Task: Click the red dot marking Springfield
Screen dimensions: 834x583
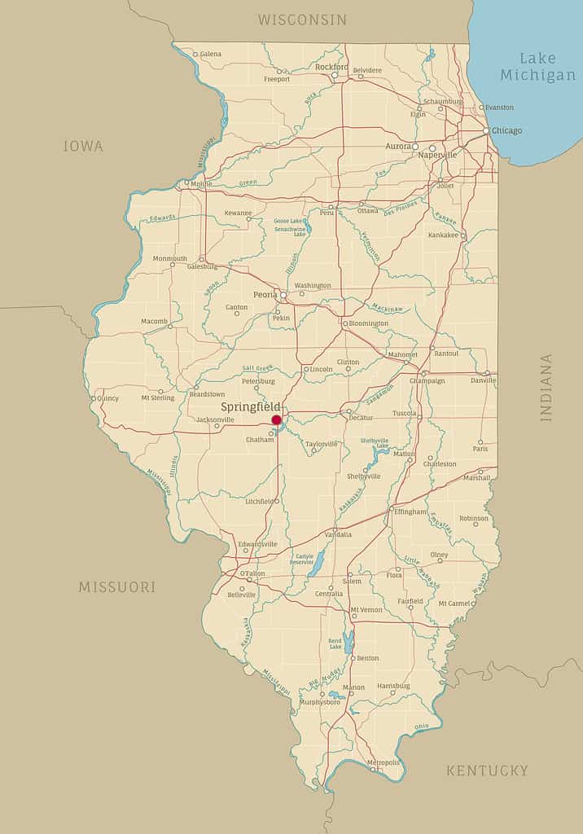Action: [x=276, y=420]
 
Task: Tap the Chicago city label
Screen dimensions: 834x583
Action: [x=506, y=130]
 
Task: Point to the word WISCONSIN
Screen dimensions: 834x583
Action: [x=302, y=20]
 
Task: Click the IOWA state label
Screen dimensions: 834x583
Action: [x=83, y=147]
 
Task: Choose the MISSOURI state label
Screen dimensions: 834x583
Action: [x=117, y=586]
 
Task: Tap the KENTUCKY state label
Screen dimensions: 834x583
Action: [x=487, y=770]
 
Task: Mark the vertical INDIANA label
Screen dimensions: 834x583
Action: [x=546, y=387]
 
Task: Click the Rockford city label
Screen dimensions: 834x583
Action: [x=331, y=67]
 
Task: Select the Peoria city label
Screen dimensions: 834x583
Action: [x=265, y=294]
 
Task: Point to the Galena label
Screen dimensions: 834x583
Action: [x=210, y=54]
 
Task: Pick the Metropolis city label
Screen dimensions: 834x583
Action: [x=384, y=762]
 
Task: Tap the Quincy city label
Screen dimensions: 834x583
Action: [x=107, y=398]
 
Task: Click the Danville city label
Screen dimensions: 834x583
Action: [x=483, y=380]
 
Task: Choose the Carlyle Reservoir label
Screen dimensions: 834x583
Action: [x=301, y=560]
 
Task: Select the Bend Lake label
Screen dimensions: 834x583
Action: [x=335, y=644]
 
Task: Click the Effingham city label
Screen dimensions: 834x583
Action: [x=410, y=511]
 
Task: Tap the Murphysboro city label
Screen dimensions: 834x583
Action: [x=320, y=702]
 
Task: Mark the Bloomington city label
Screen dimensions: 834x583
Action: [x=369, y=323]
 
